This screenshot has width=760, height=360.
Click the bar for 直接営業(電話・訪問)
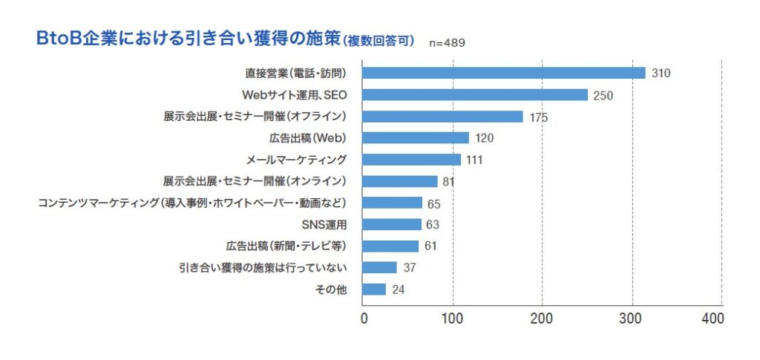tap(503, 73)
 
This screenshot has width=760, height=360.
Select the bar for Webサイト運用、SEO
tap(474, 94)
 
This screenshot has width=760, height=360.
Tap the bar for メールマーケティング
tap(411, 160)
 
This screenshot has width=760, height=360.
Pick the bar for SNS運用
tap(391, 224)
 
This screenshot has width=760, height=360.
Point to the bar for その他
tap(374, 289)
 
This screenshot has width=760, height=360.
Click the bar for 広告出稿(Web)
tap(415, 138)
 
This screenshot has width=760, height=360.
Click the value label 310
tap(661, 73)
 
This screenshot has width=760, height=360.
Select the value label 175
tap(539, 117)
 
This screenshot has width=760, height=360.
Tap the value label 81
tap(448, 181)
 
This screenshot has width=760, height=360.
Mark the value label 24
tap(398, 289)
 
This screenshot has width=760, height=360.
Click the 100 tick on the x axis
tap(453, 318)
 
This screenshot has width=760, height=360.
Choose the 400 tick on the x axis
tap(712, 318)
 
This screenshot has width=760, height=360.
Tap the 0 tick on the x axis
tap(364, 318)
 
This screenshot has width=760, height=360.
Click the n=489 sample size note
tap(448, 42)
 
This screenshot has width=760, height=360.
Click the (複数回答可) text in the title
tap(379, 39)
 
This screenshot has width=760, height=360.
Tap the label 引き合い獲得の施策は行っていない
tap(264, 267)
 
